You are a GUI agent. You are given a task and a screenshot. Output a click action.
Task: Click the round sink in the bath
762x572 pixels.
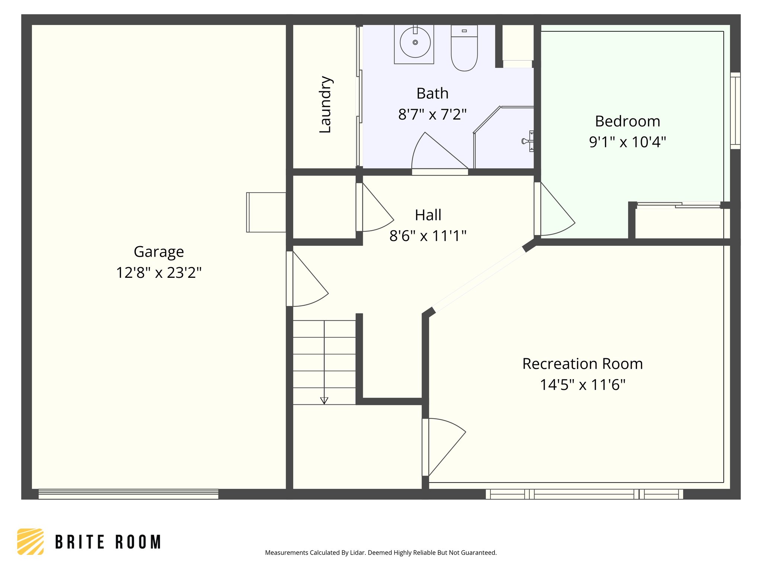coord(415,42)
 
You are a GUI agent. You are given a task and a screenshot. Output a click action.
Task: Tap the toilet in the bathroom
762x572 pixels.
coord(464,48)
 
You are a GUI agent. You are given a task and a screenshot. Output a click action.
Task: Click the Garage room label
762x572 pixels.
coord(159,252)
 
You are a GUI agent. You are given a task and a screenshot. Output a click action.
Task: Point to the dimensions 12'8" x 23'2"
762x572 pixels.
coord(159,273)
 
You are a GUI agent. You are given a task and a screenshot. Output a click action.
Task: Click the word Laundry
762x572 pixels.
coord(326,104)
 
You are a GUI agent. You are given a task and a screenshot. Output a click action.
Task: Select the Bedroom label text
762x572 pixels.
coord(627,121)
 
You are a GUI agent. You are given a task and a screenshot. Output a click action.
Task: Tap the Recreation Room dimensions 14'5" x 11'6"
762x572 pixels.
coord(582,385)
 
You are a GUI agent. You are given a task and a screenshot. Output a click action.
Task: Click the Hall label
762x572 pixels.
coord(428,215)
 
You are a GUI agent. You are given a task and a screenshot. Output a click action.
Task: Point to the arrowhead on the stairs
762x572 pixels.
coord(324,401)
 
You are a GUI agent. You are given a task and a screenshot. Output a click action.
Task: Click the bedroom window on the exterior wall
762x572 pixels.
coord(735,111)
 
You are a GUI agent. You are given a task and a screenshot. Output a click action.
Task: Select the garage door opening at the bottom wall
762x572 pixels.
coord(128,494)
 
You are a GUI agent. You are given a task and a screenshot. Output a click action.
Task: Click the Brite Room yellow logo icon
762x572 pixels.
coord(31,541)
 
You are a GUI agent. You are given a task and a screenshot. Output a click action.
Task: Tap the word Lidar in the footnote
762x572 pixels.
coord(358,553)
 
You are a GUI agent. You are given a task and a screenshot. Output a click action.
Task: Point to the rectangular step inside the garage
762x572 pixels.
coord(266,212)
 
